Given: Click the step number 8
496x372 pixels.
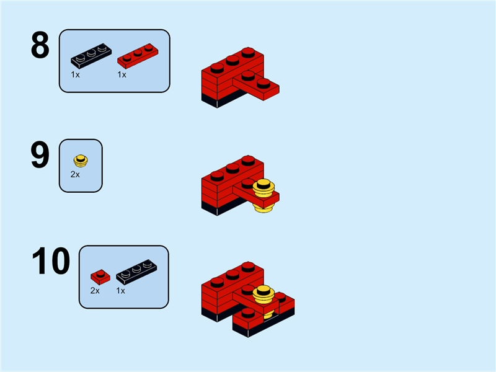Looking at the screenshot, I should tap(40, 46).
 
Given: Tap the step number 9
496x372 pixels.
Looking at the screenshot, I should tap(40, 156).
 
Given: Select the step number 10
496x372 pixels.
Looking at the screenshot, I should tap(51, 262).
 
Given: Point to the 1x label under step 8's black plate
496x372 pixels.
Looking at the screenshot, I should tap(75, 74).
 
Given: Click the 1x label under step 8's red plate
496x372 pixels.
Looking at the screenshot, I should tap(122, 74).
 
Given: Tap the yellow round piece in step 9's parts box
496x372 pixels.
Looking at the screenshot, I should tap(80, 161).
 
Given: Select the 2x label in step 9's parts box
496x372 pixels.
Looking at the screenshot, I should tap(75, 175).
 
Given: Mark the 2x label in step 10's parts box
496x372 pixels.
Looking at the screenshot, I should tap(95, 290).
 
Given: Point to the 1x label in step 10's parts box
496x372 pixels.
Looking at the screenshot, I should tap(121, 290).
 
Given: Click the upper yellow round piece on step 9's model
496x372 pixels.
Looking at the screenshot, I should tap(265, 187).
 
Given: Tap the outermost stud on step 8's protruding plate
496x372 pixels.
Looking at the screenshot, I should tap(263, 82).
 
